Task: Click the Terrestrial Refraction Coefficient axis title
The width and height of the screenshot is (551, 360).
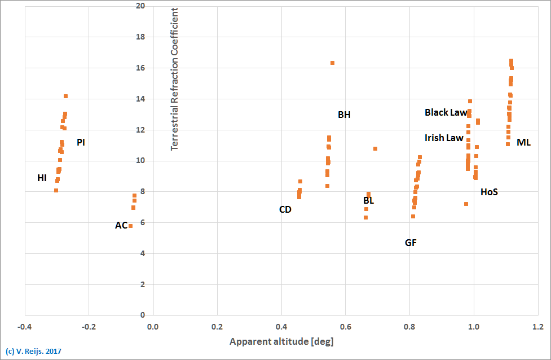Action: (174, 79)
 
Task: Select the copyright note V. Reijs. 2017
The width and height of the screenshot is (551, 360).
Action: (33, 352)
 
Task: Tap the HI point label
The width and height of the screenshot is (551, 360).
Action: (42, 178)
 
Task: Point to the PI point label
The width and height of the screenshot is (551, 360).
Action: (81, 142)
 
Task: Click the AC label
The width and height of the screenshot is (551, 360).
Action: (121, 225)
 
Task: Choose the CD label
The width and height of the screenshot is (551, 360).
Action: (285, 209)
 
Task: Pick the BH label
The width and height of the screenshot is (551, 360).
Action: (344, 115)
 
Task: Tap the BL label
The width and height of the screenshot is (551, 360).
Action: (368, 200)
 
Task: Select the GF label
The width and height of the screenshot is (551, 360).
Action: (411, 243)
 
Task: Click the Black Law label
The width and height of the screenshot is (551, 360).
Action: (446, 113)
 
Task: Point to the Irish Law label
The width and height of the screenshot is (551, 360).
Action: (444, 138)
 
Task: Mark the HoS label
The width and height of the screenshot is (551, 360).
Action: (489, 192)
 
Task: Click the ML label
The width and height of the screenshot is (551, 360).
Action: (523, 142)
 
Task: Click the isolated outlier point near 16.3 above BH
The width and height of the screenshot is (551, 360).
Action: (332, 63)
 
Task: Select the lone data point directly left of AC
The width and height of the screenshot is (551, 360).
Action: (130, 226)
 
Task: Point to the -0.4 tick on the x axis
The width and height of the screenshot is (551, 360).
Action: (24, 327)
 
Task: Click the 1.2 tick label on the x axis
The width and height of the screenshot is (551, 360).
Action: (537, 327)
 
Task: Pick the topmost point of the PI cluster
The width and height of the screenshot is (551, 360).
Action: (65, 96)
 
